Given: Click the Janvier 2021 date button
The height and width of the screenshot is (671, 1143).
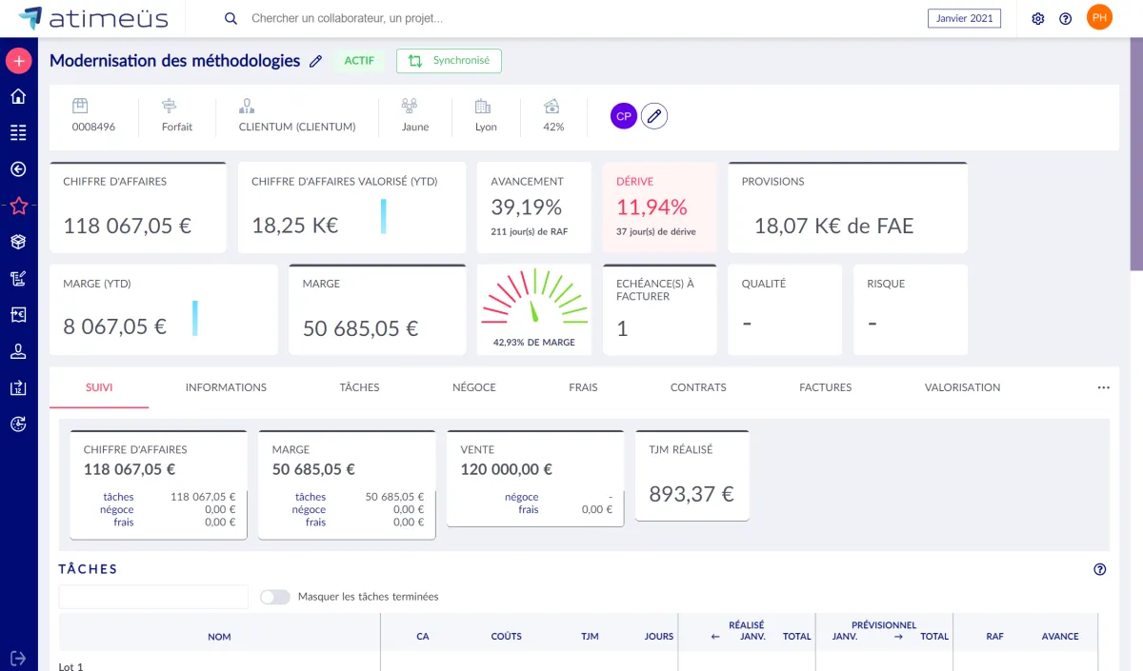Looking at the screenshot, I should tap(964, 18).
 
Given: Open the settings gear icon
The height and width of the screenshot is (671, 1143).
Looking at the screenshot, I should tap(1038, 18).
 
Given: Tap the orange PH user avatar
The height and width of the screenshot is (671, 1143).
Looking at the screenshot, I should tap(1099, 17).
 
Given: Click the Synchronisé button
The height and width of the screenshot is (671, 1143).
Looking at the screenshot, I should tap(449, 61).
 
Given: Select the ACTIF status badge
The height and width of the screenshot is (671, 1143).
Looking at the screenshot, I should tap(359, 61).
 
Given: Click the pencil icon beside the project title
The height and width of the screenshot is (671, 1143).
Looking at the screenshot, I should tap(316, 61).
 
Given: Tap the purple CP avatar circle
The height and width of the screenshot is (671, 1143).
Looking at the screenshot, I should tap(624, 116).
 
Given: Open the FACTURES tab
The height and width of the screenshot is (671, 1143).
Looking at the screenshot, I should tap(825, 387).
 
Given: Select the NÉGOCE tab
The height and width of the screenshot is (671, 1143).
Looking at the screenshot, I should tap(473, 387).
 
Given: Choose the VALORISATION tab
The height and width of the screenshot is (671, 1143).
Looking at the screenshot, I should tap(962, 387).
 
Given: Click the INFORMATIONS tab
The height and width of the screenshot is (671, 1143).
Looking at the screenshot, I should tap(226, 387).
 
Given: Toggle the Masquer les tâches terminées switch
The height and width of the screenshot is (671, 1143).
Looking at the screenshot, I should tap(275, 597).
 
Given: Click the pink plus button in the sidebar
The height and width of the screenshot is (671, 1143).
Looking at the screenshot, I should tap(18, 61).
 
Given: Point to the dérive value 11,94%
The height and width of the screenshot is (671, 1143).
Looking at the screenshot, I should tap(652, 207).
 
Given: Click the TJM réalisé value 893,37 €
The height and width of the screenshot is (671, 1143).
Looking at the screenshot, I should tap(692, 494).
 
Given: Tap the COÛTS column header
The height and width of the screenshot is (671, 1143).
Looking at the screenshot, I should tap(506, 637).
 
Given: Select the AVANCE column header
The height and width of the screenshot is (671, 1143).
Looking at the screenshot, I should tap(1059, 637).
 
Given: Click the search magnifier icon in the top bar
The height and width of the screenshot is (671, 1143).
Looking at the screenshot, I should tap(231, 18).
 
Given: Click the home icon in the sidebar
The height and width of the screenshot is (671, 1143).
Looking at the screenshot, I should tap(18, 96).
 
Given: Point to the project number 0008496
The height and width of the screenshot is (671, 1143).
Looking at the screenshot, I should tap(93, 127).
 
